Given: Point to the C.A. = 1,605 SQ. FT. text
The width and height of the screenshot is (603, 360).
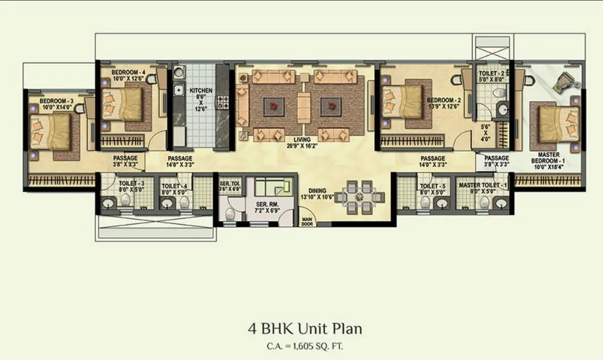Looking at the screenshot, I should pos(301,346).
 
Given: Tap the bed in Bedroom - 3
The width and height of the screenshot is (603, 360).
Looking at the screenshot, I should pos(51,132).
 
